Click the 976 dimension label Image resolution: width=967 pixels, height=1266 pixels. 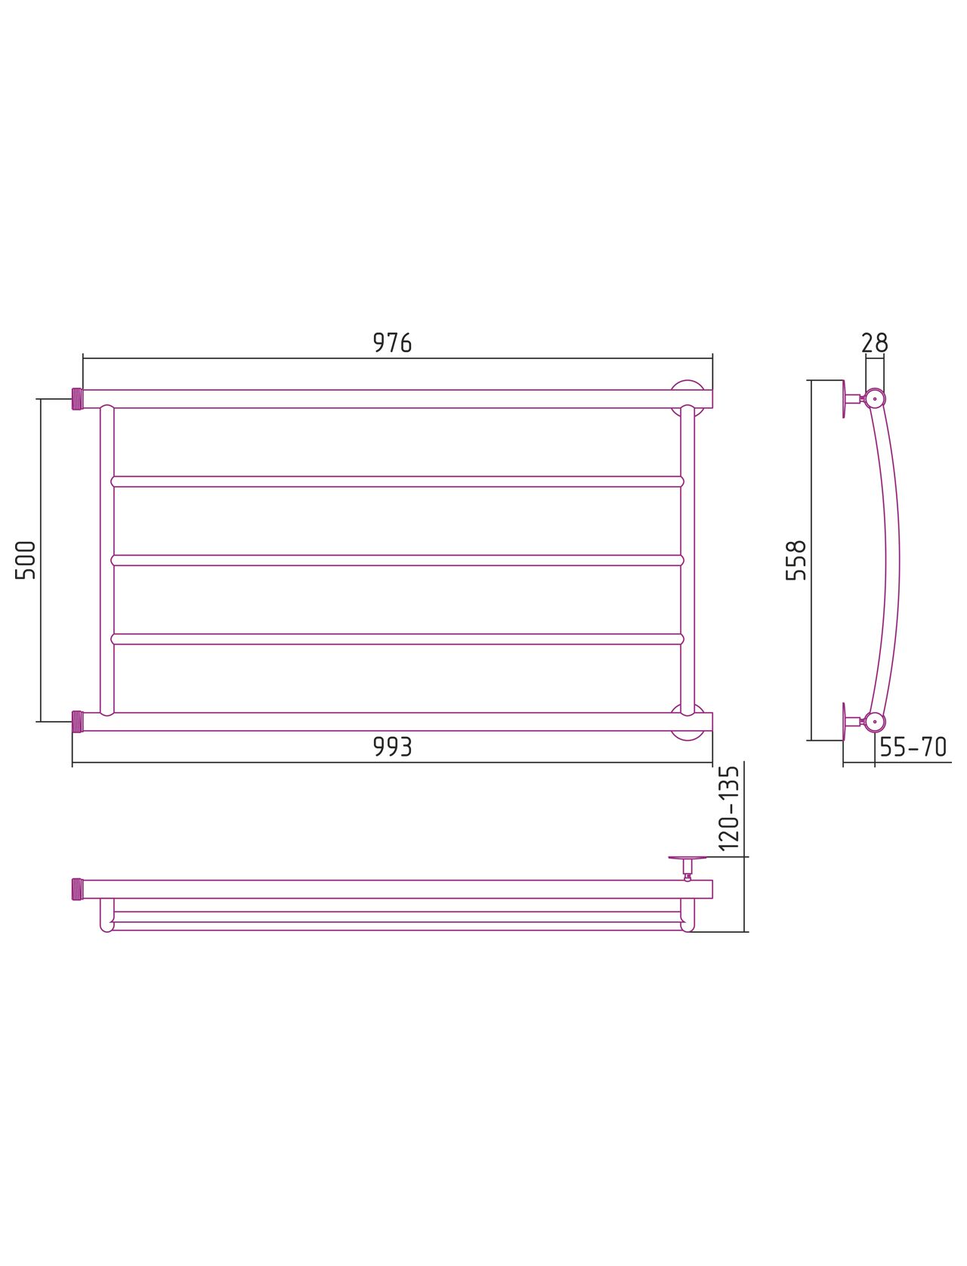[392, 342]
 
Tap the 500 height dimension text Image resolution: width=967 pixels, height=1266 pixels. [26, 560]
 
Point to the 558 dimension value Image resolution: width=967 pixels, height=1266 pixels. [796, 560]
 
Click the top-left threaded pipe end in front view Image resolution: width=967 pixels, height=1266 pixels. [77, 398]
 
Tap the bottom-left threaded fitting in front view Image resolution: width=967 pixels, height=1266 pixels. [77, 722]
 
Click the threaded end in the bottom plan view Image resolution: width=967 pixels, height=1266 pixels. [77, 889]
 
